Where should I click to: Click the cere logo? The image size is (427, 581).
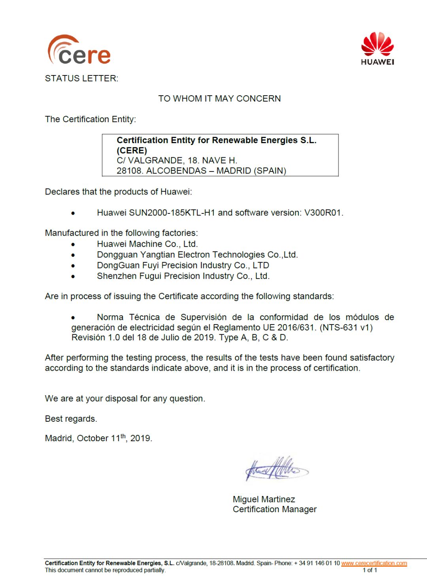tap(79, 51)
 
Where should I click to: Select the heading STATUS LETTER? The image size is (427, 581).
tap(81, 78)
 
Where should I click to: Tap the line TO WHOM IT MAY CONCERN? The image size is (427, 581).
tap(219, 98)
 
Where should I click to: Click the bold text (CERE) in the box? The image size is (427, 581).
tap(132, 151)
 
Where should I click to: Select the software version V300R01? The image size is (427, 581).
tap(322, 213)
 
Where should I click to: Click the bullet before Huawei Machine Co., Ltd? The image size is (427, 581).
tap(73, 244)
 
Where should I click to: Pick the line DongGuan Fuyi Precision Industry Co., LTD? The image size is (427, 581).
tap(183, 265)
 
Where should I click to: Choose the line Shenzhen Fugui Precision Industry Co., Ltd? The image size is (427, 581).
tap(183, 276)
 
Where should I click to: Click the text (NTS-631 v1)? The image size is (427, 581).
tap(346, 327)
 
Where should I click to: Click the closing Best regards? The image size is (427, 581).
tap(71, 419)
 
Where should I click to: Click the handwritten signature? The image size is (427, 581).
tap(276, 469)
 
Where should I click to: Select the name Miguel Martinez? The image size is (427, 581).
tap(264, 499)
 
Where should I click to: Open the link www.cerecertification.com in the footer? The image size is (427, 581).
tap(374, 563)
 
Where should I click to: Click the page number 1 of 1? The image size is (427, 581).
tap(370, 570)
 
